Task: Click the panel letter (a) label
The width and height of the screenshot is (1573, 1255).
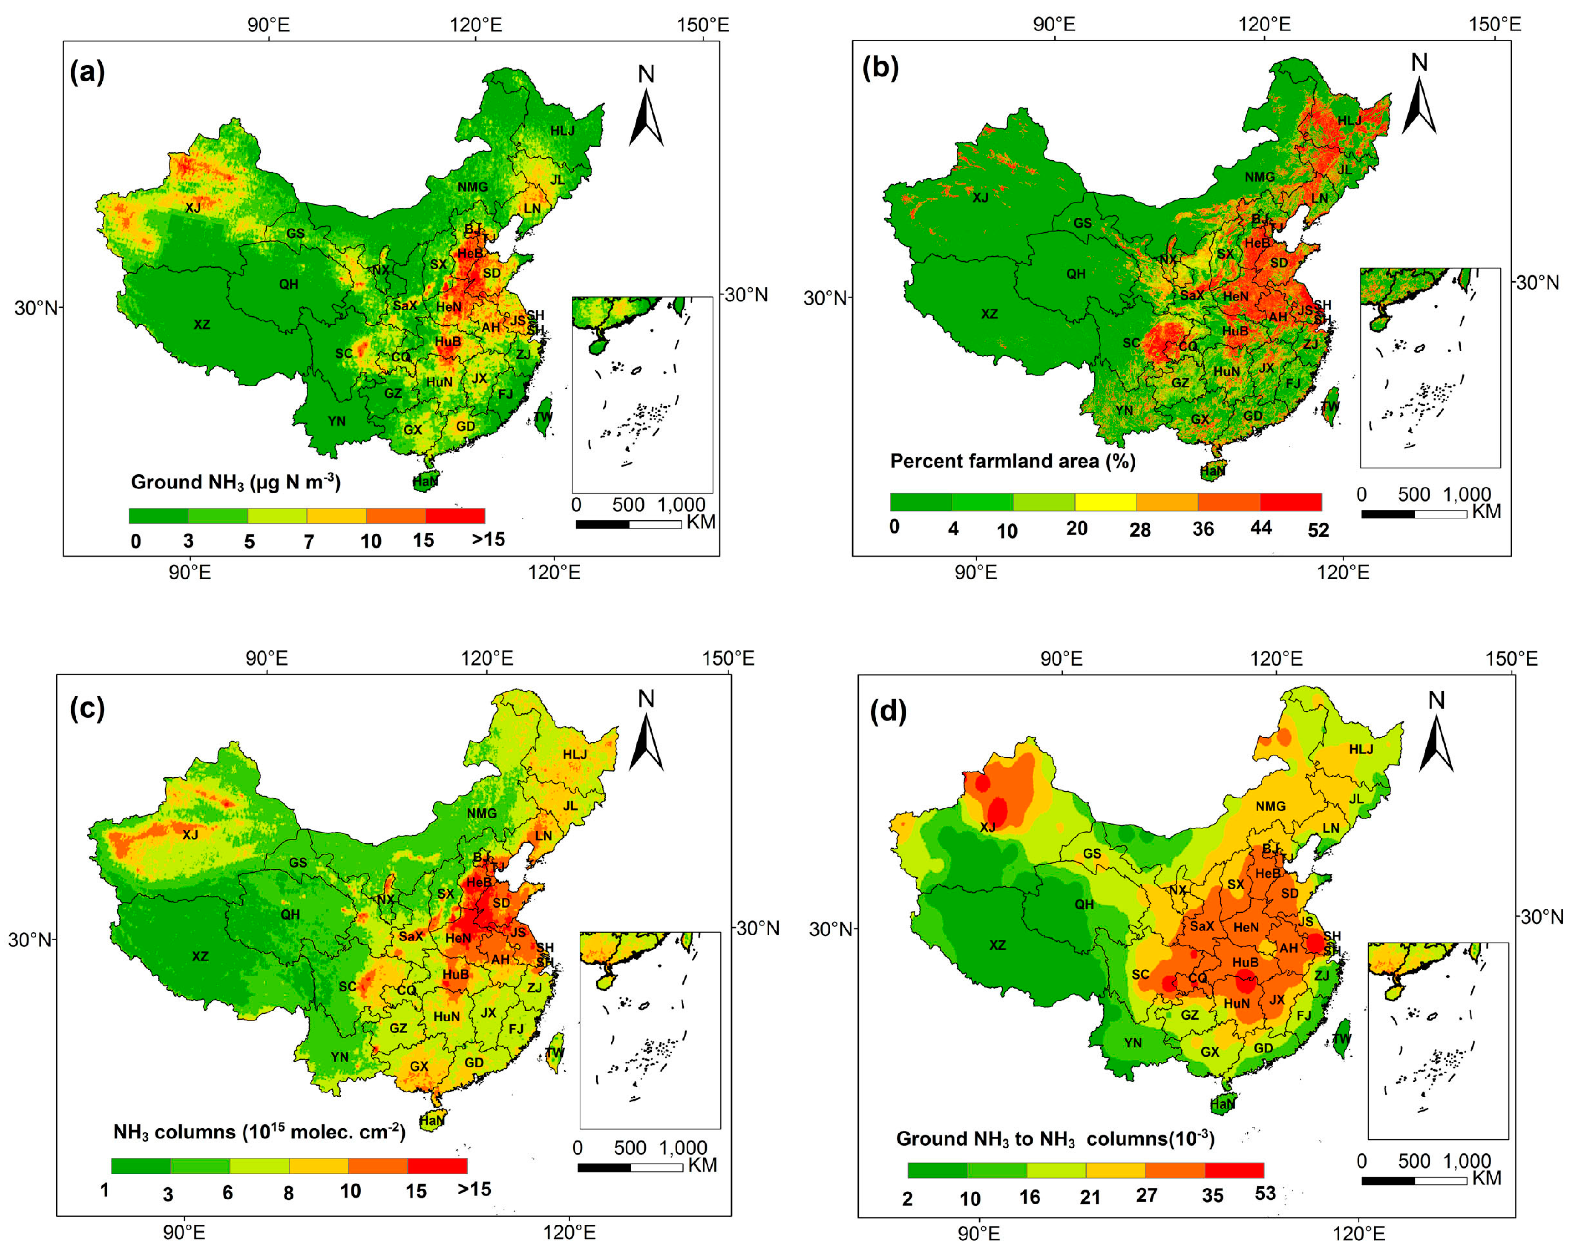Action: [x=87, y=72]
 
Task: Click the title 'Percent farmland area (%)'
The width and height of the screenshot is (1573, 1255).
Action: [x=1012, y=461]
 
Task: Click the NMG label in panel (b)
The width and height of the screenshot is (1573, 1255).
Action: [x=1259, y=177]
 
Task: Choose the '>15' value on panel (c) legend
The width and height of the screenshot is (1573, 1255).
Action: [x=474, y=1189]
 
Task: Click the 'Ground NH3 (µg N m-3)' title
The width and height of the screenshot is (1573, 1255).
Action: [x=235, y=483]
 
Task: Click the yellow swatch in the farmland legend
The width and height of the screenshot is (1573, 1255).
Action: [x=1105, y=502]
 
